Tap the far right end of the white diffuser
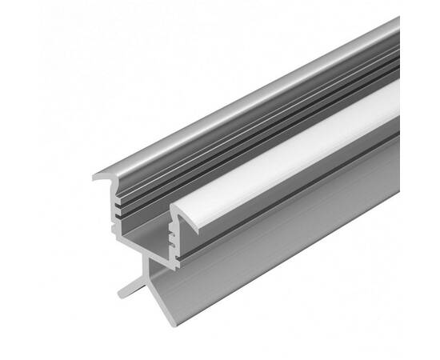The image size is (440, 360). coord(395,104)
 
